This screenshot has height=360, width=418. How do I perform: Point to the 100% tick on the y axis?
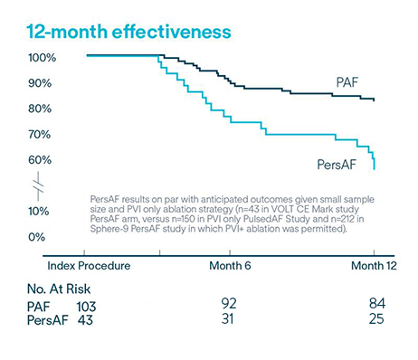[x=43, y=57]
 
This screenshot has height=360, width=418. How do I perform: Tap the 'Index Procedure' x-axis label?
[x=89, y=267]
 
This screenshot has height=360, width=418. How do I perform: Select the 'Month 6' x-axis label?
[x=232, y=267]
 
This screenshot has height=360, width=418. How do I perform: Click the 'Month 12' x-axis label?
[x=372, y=267]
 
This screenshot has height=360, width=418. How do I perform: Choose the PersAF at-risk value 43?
[x=85, y=322]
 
